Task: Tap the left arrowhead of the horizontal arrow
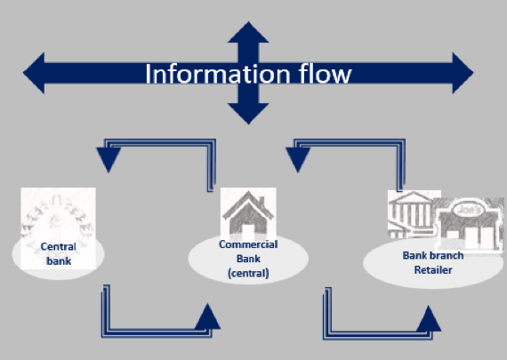click(x=34, y=73)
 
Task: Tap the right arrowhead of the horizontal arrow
click(x=463, y=73)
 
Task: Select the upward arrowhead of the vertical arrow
click(x=248, y=32)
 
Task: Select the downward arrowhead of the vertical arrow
click(x=248, y=114)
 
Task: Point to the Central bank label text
click(x=59, y=253)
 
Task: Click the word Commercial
click(x=248, y=244)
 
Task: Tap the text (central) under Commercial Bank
click(x=248, y=274)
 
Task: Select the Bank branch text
click(x=433, y=256)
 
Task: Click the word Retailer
click(x=433, y=270)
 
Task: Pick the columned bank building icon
click(x=411, y=214)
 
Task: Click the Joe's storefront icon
click(x=469, y=225)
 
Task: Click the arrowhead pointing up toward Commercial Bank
click(x=207, y=316)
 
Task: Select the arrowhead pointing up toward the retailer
click(x=429, y=318)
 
